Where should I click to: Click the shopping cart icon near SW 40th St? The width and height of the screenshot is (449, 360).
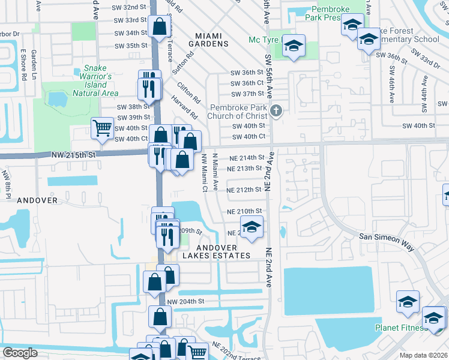(103, 128)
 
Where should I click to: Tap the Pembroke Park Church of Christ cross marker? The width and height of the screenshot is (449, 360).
(276, 110)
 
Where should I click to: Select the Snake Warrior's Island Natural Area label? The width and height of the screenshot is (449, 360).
(95, 81)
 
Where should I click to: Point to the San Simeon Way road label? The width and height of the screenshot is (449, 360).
(387, 238)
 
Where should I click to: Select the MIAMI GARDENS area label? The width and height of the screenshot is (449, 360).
(208, 40)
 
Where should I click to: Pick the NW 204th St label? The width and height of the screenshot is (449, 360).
(186, 301)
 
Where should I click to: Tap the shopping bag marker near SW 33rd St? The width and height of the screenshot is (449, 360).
(160, 27)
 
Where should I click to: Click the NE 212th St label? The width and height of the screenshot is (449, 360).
(245, 190)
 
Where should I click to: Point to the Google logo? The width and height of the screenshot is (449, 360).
(20, 353)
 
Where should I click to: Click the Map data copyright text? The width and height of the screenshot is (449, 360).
(423, 355)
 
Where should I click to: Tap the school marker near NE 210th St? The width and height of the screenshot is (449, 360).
(253, 227)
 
